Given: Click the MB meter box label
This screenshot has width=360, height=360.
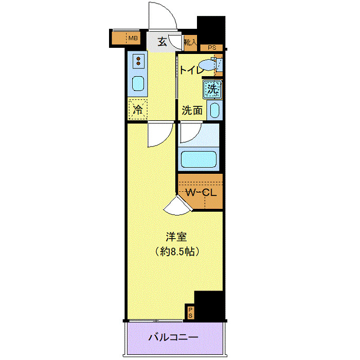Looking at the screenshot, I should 133,38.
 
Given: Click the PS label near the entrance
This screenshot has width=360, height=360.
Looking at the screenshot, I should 212,48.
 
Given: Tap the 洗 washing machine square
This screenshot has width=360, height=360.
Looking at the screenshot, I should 212,89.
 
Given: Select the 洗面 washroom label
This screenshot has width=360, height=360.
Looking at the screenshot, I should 191,110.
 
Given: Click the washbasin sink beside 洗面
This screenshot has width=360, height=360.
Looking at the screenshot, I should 215,110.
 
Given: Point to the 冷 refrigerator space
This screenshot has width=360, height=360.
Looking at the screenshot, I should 138,109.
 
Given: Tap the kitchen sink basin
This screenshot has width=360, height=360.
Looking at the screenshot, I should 138,83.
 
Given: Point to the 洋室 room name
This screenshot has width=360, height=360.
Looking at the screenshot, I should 175,238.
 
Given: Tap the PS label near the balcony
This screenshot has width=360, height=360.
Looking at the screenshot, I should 190,312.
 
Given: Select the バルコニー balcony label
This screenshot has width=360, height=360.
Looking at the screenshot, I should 173,338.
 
